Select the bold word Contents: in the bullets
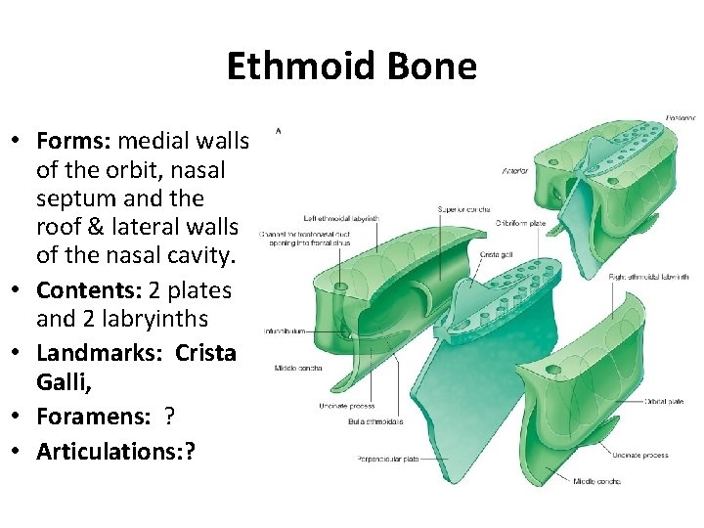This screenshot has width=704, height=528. click(89, 290)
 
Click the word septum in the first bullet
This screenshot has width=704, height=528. click(71, 198)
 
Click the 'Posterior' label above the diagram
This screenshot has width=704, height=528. click(681, 118)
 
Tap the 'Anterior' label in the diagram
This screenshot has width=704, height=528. click(516, 171)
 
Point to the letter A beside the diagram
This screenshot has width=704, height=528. click(280, 128)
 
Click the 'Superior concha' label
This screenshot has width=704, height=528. click(463, 209)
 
